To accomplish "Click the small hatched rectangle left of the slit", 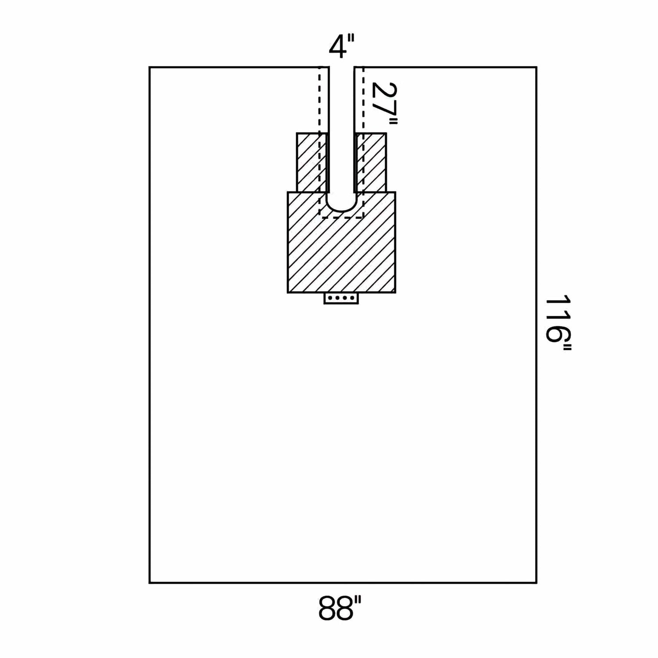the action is [312, 162].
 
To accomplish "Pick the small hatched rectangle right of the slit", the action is [370, 162].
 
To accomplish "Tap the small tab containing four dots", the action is [341, 298].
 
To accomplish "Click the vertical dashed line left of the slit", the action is [320, 143].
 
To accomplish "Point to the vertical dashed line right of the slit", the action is [363, 143].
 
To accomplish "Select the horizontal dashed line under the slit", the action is [341, 217].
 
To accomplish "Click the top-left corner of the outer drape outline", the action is [150, 67].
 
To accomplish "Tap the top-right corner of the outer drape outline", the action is [536, 67].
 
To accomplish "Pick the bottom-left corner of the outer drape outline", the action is [150, 583].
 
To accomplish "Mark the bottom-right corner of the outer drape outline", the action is [536, 583].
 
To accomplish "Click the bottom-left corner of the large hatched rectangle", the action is [288, 293].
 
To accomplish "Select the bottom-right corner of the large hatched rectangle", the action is [395, 293].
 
